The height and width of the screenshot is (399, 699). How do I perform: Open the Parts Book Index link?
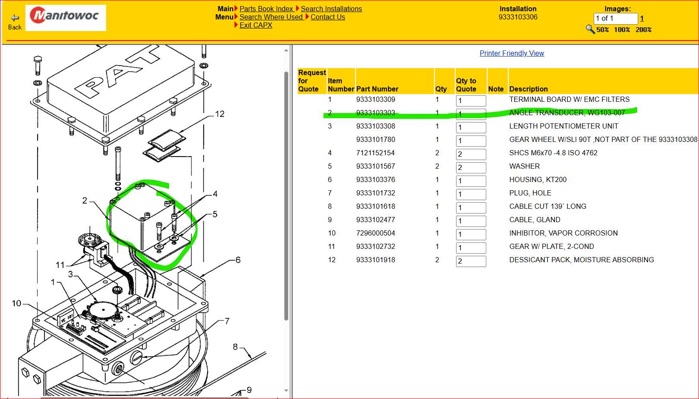click(x=266, y=9)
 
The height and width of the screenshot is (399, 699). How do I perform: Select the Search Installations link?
click(x=331, y=9)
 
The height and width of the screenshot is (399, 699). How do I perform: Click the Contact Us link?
click(x=327, y=17)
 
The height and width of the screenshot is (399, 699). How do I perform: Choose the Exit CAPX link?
click(x=256, y=25)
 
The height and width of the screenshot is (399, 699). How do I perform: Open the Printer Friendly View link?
click(x=512, y=53)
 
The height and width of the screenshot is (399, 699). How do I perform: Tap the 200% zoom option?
click(x=643, y=30)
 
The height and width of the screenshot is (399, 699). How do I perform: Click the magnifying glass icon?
click(x=590, y=29)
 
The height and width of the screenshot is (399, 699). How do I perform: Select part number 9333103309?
click(x=376, y=99)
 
